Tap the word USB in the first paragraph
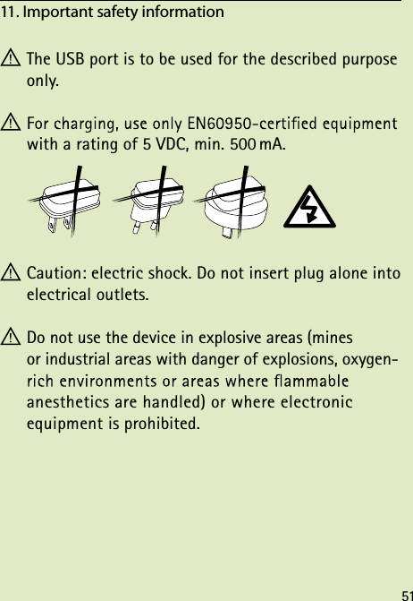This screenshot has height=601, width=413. [x=69, y=60]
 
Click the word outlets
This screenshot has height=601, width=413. [x=122, y=293]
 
